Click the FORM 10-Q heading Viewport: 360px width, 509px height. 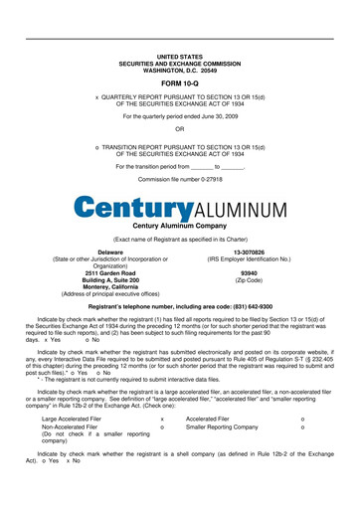pos(179,85)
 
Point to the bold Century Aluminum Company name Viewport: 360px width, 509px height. pos(179,227)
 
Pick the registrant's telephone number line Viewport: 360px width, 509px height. pos(179,307)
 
